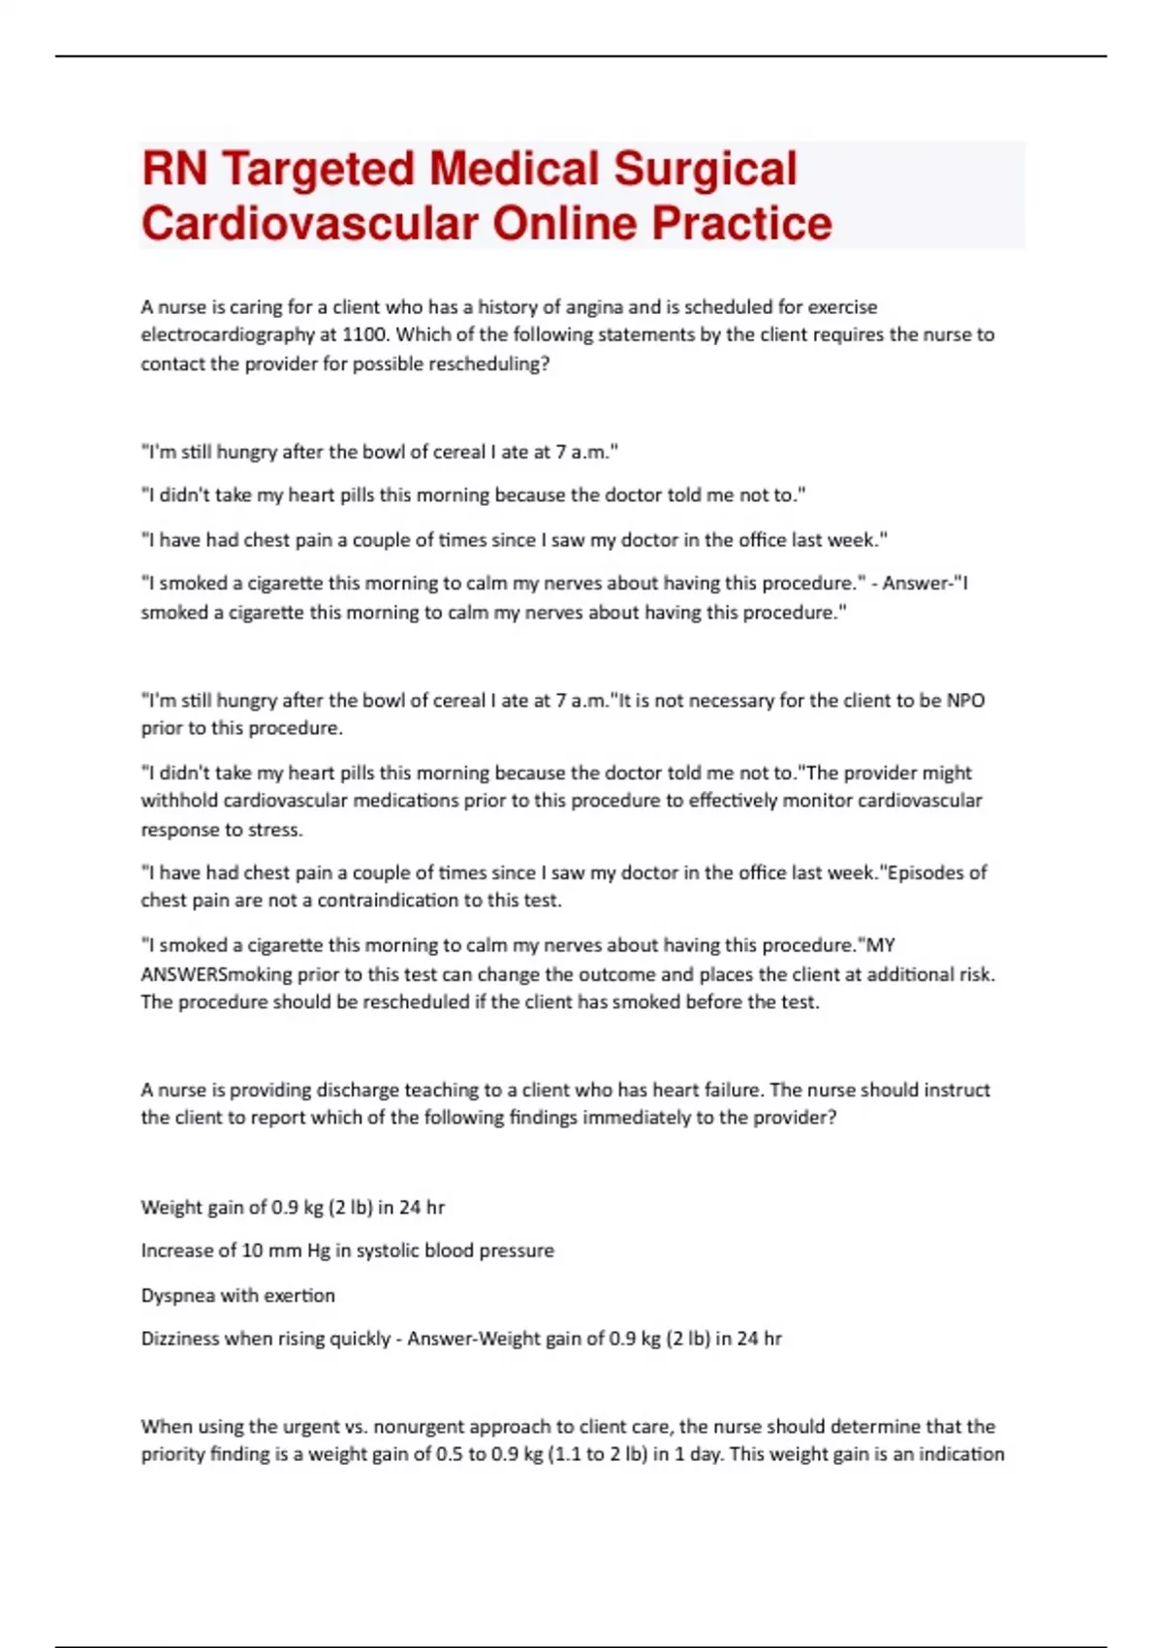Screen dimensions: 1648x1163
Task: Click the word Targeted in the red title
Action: pyautogui.click(x=320, y=169)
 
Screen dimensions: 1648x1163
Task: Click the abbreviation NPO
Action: pyautogui.click(x=965, y=701)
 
